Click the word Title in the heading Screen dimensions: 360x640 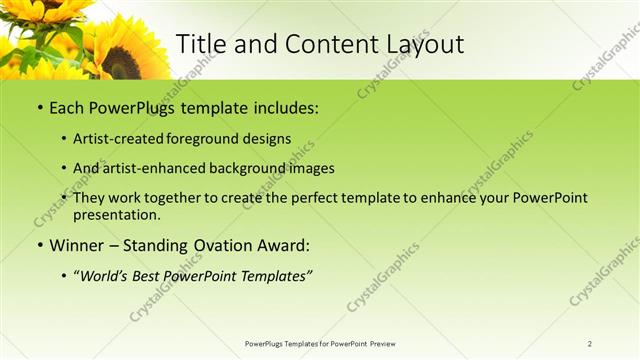tap(200, 44)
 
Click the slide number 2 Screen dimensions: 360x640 tap(590, 344)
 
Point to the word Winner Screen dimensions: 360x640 tap(77, 244)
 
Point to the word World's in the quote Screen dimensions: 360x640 tap(104, 273)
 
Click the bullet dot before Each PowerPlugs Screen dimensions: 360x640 tap(39, 106)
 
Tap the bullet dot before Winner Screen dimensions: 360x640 tap(39, 244)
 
